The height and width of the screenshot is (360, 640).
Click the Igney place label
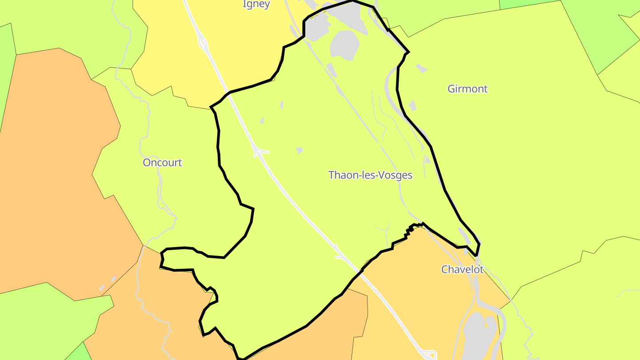tap(256, 4)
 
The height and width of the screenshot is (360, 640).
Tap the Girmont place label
tap(467, 89)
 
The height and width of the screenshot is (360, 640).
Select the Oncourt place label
tap(162, 163)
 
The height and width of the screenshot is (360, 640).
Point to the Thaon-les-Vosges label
tap(370, 175)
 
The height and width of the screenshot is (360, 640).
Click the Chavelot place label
tap(462, 269)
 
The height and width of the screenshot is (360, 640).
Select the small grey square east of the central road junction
tap(299, 151)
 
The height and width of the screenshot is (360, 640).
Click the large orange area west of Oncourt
tap(53, 178)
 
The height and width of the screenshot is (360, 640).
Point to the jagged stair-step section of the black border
tap(410, 229)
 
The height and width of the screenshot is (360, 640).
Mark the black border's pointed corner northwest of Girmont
tap(408, 52)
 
